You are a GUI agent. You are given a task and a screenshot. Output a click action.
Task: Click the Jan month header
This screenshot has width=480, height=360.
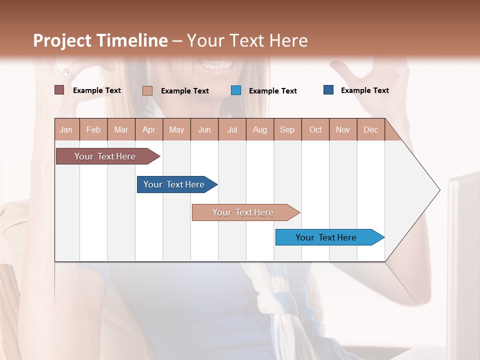(x=66, y=129)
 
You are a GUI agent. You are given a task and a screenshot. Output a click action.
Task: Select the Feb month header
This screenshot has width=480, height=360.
(x=93, y=129)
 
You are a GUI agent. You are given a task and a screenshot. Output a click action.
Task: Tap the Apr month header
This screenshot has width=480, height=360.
(x=148, y=129)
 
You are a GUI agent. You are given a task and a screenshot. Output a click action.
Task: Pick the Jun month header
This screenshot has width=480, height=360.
(x=204, y=129)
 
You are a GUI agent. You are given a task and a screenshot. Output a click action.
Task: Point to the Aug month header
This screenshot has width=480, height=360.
(x=259, y=129)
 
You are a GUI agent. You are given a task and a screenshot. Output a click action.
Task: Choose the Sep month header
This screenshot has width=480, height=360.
(x=287, y=129)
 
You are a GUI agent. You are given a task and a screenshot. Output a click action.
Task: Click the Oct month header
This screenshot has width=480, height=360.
(x=315, y=129)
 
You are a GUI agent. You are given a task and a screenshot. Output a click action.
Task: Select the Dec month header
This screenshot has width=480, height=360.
(x=370, y=129)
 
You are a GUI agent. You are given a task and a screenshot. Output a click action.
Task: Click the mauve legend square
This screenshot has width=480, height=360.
(x=59, y=90)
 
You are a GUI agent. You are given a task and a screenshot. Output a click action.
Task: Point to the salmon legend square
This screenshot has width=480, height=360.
(x=147, y=90)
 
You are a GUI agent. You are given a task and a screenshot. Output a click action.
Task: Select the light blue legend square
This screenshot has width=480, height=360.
(x=236, y=90)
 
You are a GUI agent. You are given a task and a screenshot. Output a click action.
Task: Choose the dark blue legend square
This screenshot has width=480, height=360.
(x=328, y=90)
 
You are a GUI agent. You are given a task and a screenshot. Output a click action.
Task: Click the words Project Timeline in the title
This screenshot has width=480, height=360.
(x=100, y=40)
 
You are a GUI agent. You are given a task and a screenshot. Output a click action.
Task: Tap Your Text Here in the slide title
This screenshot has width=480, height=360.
(x=247, y=40)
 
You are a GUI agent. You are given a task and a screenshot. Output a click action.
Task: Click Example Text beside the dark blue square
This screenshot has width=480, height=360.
(x=364, y=90)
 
